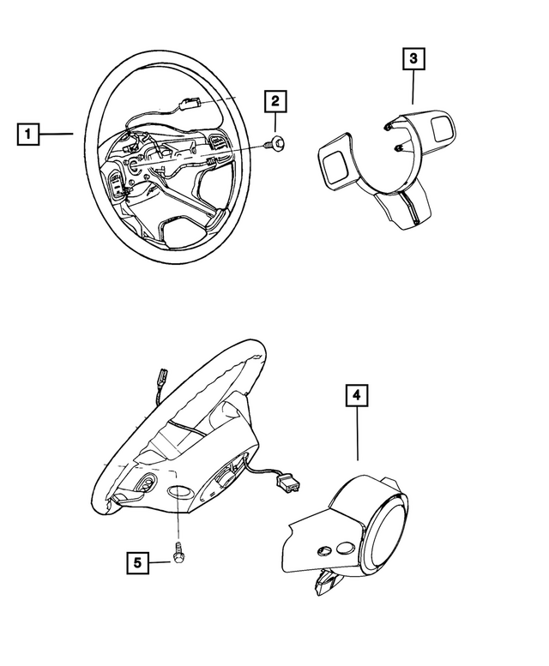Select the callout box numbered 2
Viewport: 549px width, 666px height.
pyautogui.click(x=275, y=102)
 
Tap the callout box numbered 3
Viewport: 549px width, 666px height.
pyautogui.click(x=413, y=60)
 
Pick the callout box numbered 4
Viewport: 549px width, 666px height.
pyautogui.click(x=357, y=396)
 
